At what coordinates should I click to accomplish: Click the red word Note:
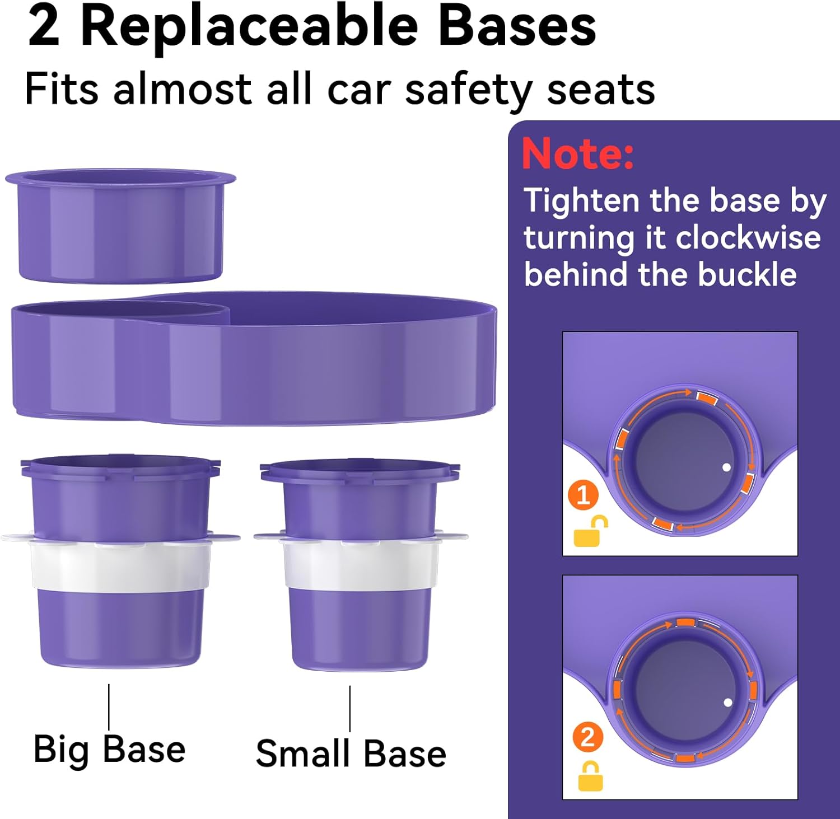pos(577,153)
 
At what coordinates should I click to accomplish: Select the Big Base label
pos(110,749)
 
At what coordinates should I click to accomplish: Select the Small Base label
pos(351,754)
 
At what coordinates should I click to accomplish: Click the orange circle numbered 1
pos(584,495)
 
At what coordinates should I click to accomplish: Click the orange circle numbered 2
pos(587,738)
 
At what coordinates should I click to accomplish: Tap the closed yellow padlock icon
pos(590,776)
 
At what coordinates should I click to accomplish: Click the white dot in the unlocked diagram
pos(726,467)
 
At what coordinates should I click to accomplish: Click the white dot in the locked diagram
pos(728,702)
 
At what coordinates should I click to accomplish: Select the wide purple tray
pos(254,358)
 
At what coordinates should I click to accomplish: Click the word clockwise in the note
pos(748,238)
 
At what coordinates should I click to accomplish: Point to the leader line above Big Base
pos(109,706)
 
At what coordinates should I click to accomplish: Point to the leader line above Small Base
pos(350,709)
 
